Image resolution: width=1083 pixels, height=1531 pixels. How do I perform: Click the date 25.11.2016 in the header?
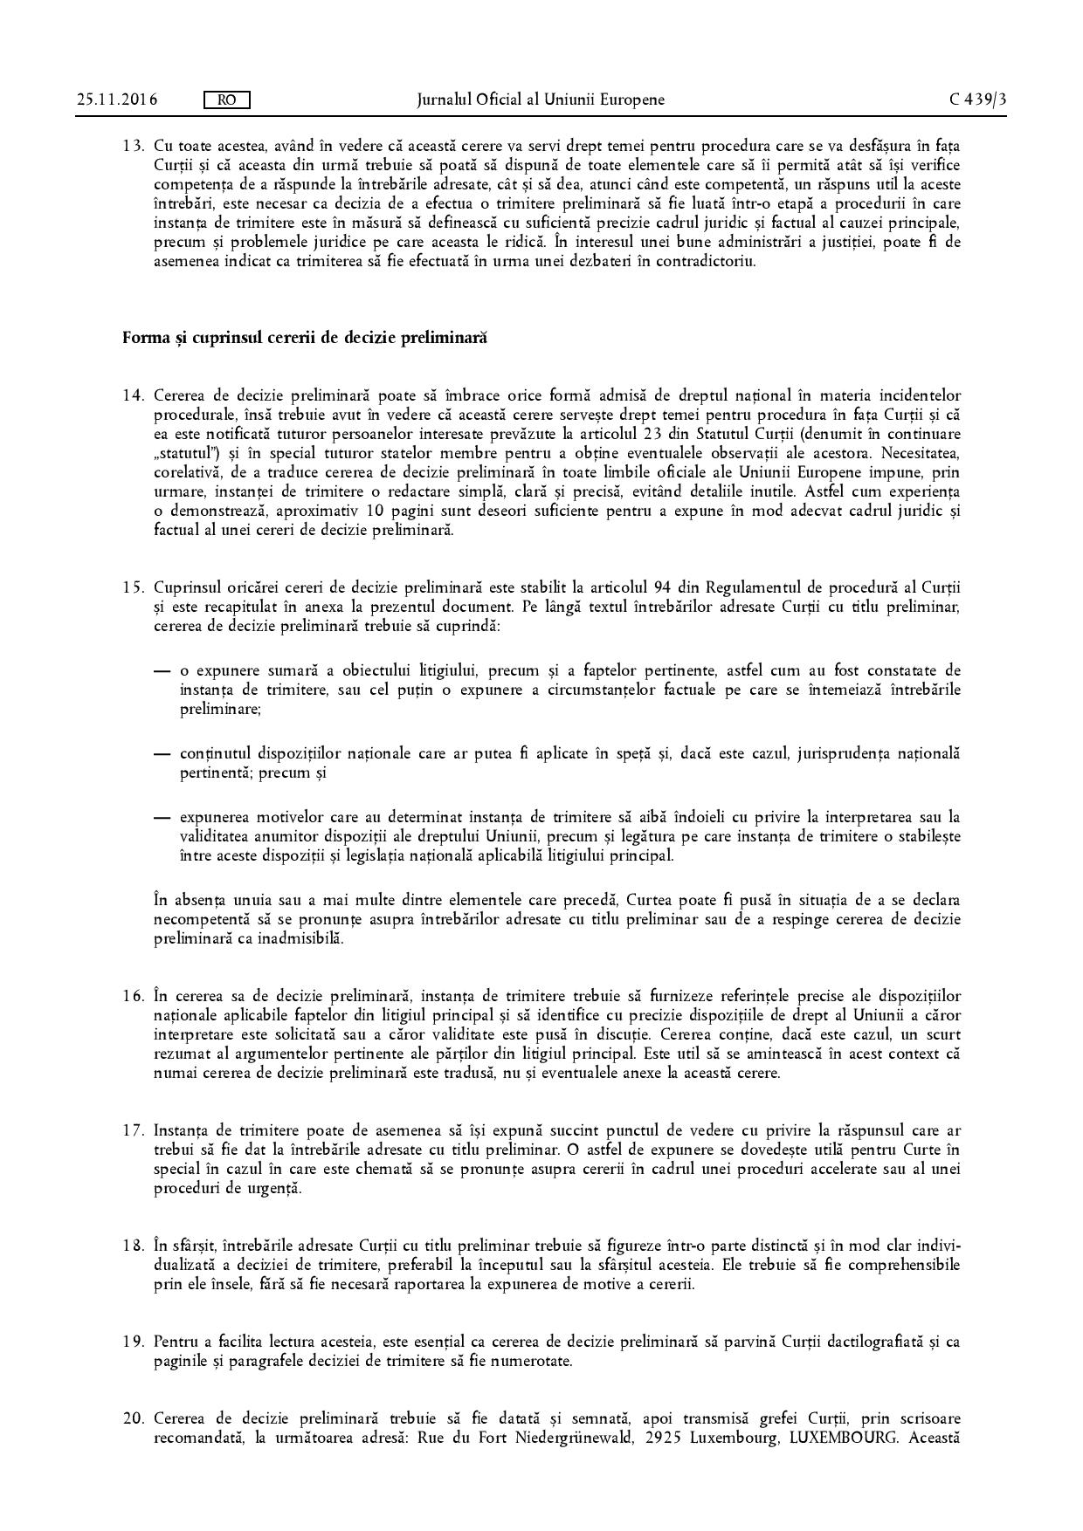click(x=117, y=100)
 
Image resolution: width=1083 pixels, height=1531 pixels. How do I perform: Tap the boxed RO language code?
click(x=226, y=100)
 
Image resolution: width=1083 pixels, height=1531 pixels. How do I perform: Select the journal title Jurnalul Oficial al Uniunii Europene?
click(x=541, y=100)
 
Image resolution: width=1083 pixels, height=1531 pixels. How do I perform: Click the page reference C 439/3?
click(x=978, y=100)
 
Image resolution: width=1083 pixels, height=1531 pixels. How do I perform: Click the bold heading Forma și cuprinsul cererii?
click(x=304, y=337)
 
